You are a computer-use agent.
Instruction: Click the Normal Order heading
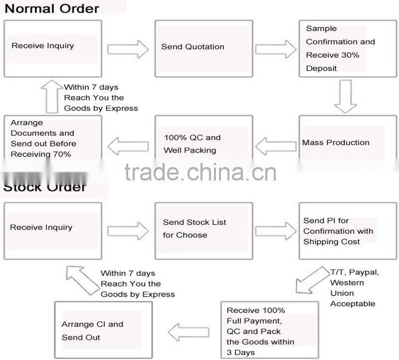[x=51, y=8]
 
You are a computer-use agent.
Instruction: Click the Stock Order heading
[x=45, y=188]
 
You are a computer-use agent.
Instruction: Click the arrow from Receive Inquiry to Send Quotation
[x=128, y=49]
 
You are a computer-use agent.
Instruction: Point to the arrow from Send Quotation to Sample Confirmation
[x=275, y=49]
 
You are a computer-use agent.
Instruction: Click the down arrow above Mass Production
[x=345, y=96]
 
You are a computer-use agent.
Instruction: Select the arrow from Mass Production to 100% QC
[x=275, y=146]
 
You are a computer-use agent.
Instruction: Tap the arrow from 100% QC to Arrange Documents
[x=128, y=146]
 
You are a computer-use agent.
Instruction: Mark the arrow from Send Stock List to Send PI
[x=275, y=230]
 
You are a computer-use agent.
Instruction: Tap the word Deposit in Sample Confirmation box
[x=321, y=68]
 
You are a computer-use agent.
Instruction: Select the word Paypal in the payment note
[x=365, y=272]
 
